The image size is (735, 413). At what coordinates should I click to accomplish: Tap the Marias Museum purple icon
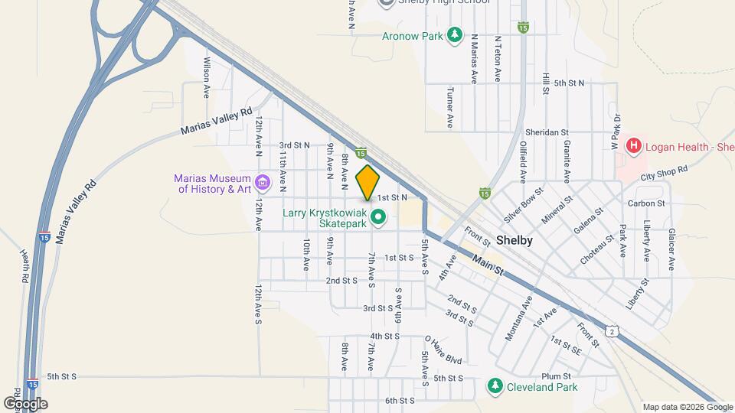pyautogui.click(x=263, y=183)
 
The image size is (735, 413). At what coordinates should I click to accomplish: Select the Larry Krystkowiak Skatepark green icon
pyautogui.click(x=377, y=219)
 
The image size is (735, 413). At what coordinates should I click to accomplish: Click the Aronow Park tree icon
pyautogui.click(x=455, y=35)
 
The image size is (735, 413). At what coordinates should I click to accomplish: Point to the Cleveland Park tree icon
pyautogui.click(x=495, y=386)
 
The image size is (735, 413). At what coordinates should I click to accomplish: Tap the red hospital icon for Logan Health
pyautogui.click(x=633, y=145)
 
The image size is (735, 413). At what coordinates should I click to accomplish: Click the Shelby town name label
pyautogui.click(x=514, y=239)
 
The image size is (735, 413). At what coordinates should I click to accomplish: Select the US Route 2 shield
pyautogui.click(x=612, y=330)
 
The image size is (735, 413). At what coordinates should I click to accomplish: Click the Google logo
pyautogui.click(x=25, y=403)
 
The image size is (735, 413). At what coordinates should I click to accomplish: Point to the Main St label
pyautogui.click(x=487, y=265)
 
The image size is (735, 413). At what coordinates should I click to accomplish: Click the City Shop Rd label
pyautogui.click(x=665, y=172)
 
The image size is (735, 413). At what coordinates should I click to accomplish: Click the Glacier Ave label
pyautogui.click(x=671, y=249)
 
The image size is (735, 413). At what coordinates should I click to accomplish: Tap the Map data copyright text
pyautogui.click(x=678, y=407)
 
